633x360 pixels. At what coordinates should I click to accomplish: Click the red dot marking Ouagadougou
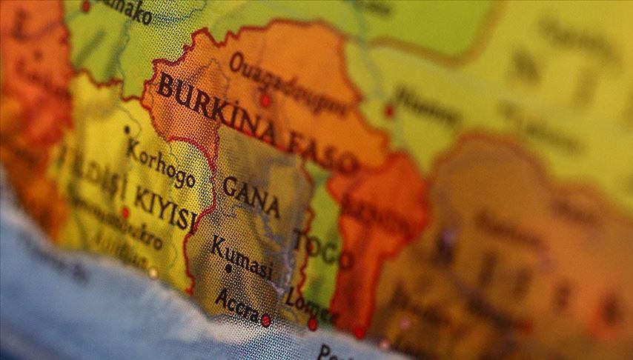click(x=265, y=100)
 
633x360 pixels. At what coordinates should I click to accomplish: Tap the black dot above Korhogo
click(x=127, y=129)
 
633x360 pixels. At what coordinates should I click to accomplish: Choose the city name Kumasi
click(x=242, y=256)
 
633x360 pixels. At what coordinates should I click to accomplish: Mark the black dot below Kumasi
click(x=228, y=270)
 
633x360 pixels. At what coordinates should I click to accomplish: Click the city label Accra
click(x=236, y=301)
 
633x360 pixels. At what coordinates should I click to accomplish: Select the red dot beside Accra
click(x=265, y=320)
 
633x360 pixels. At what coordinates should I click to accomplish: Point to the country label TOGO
click(x=323, y=248)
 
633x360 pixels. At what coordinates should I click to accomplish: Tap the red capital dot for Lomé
click(x=313, y=324)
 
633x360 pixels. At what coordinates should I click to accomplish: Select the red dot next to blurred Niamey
click(x=389, y=111)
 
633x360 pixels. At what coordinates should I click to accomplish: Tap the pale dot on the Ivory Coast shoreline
click(x=153, y=273)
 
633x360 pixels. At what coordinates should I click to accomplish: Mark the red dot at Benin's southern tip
click(x=359, y=333)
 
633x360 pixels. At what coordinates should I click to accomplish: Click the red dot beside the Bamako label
click(x=85, y=6)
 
